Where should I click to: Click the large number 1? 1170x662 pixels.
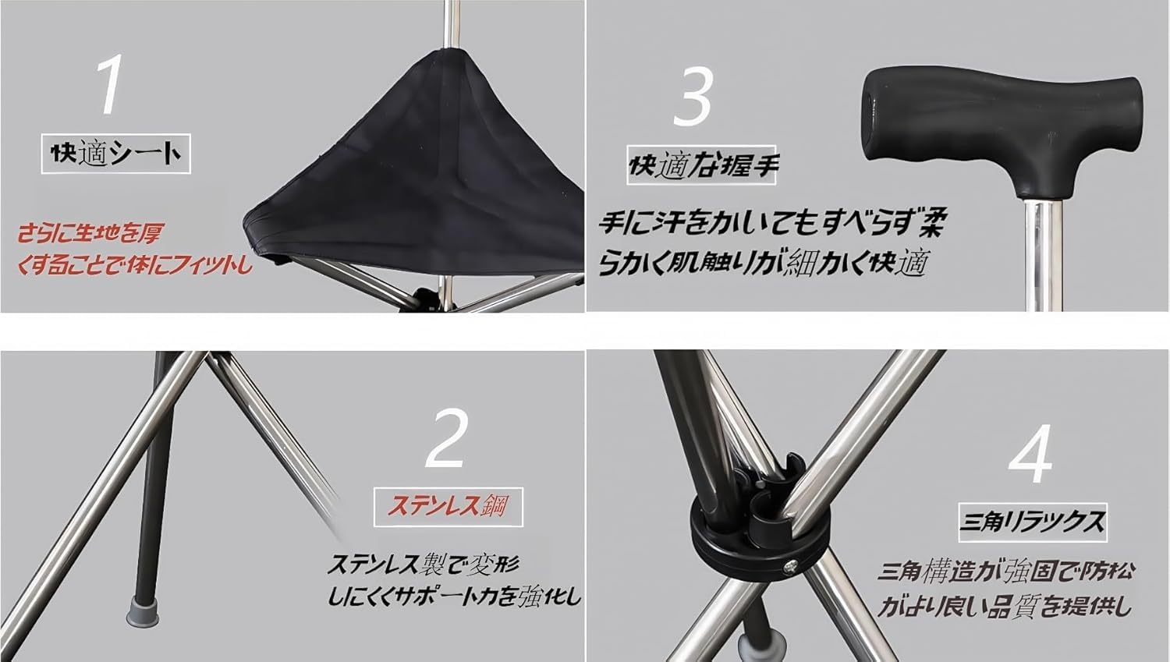[x=111, y=86]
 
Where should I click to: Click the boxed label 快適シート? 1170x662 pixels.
[x=115, y=154]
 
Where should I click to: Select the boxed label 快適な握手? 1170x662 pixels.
[x=702, y=165]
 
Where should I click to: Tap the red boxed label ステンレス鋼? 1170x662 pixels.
[x=448, y=507]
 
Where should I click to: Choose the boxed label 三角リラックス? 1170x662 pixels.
[x=1032, y=521]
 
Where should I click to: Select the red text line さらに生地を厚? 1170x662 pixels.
[x=90, y=232]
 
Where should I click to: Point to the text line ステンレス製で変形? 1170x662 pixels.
[x=423, y=563]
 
